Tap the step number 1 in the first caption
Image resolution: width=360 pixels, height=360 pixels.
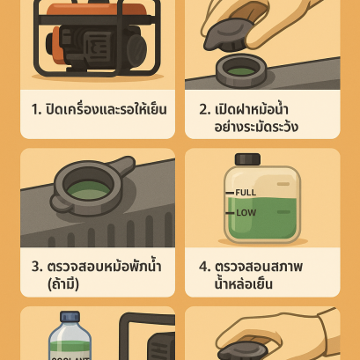[x=36, y=110]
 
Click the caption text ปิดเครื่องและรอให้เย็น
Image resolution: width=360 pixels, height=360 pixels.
[x=106, y=110]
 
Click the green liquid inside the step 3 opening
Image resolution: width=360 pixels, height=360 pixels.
[x=86, y=189]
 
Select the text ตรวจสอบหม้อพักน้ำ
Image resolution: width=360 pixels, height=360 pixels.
[x=106, y=265]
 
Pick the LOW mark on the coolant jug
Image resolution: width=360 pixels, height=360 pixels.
[x=245, y=212]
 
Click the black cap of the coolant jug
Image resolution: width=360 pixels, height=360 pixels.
[x=247, y=159]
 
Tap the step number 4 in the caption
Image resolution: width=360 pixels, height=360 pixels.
[x=204, y=266]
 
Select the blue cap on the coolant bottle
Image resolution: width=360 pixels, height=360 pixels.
[x=70, y=317]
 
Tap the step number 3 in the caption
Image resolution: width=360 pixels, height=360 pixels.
[x=37, y=266]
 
